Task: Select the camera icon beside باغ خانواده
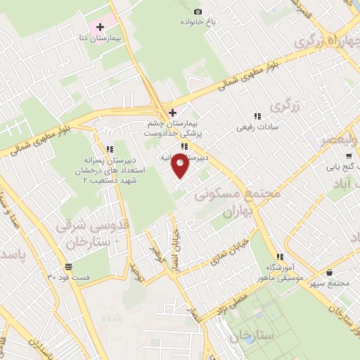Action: (x=198, y=11)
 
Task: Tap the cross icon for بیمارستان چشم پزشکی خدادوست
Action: (x=172, y=112)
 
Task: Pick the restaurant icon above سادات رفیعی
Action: (x=256, y=116)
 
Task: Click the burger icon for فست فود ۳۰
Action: (x=68, y=266)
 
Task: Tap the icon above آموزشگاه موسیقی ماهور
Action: (x=280, y=257)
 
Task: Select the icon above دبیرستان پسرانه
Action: (x=109, y=149)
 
